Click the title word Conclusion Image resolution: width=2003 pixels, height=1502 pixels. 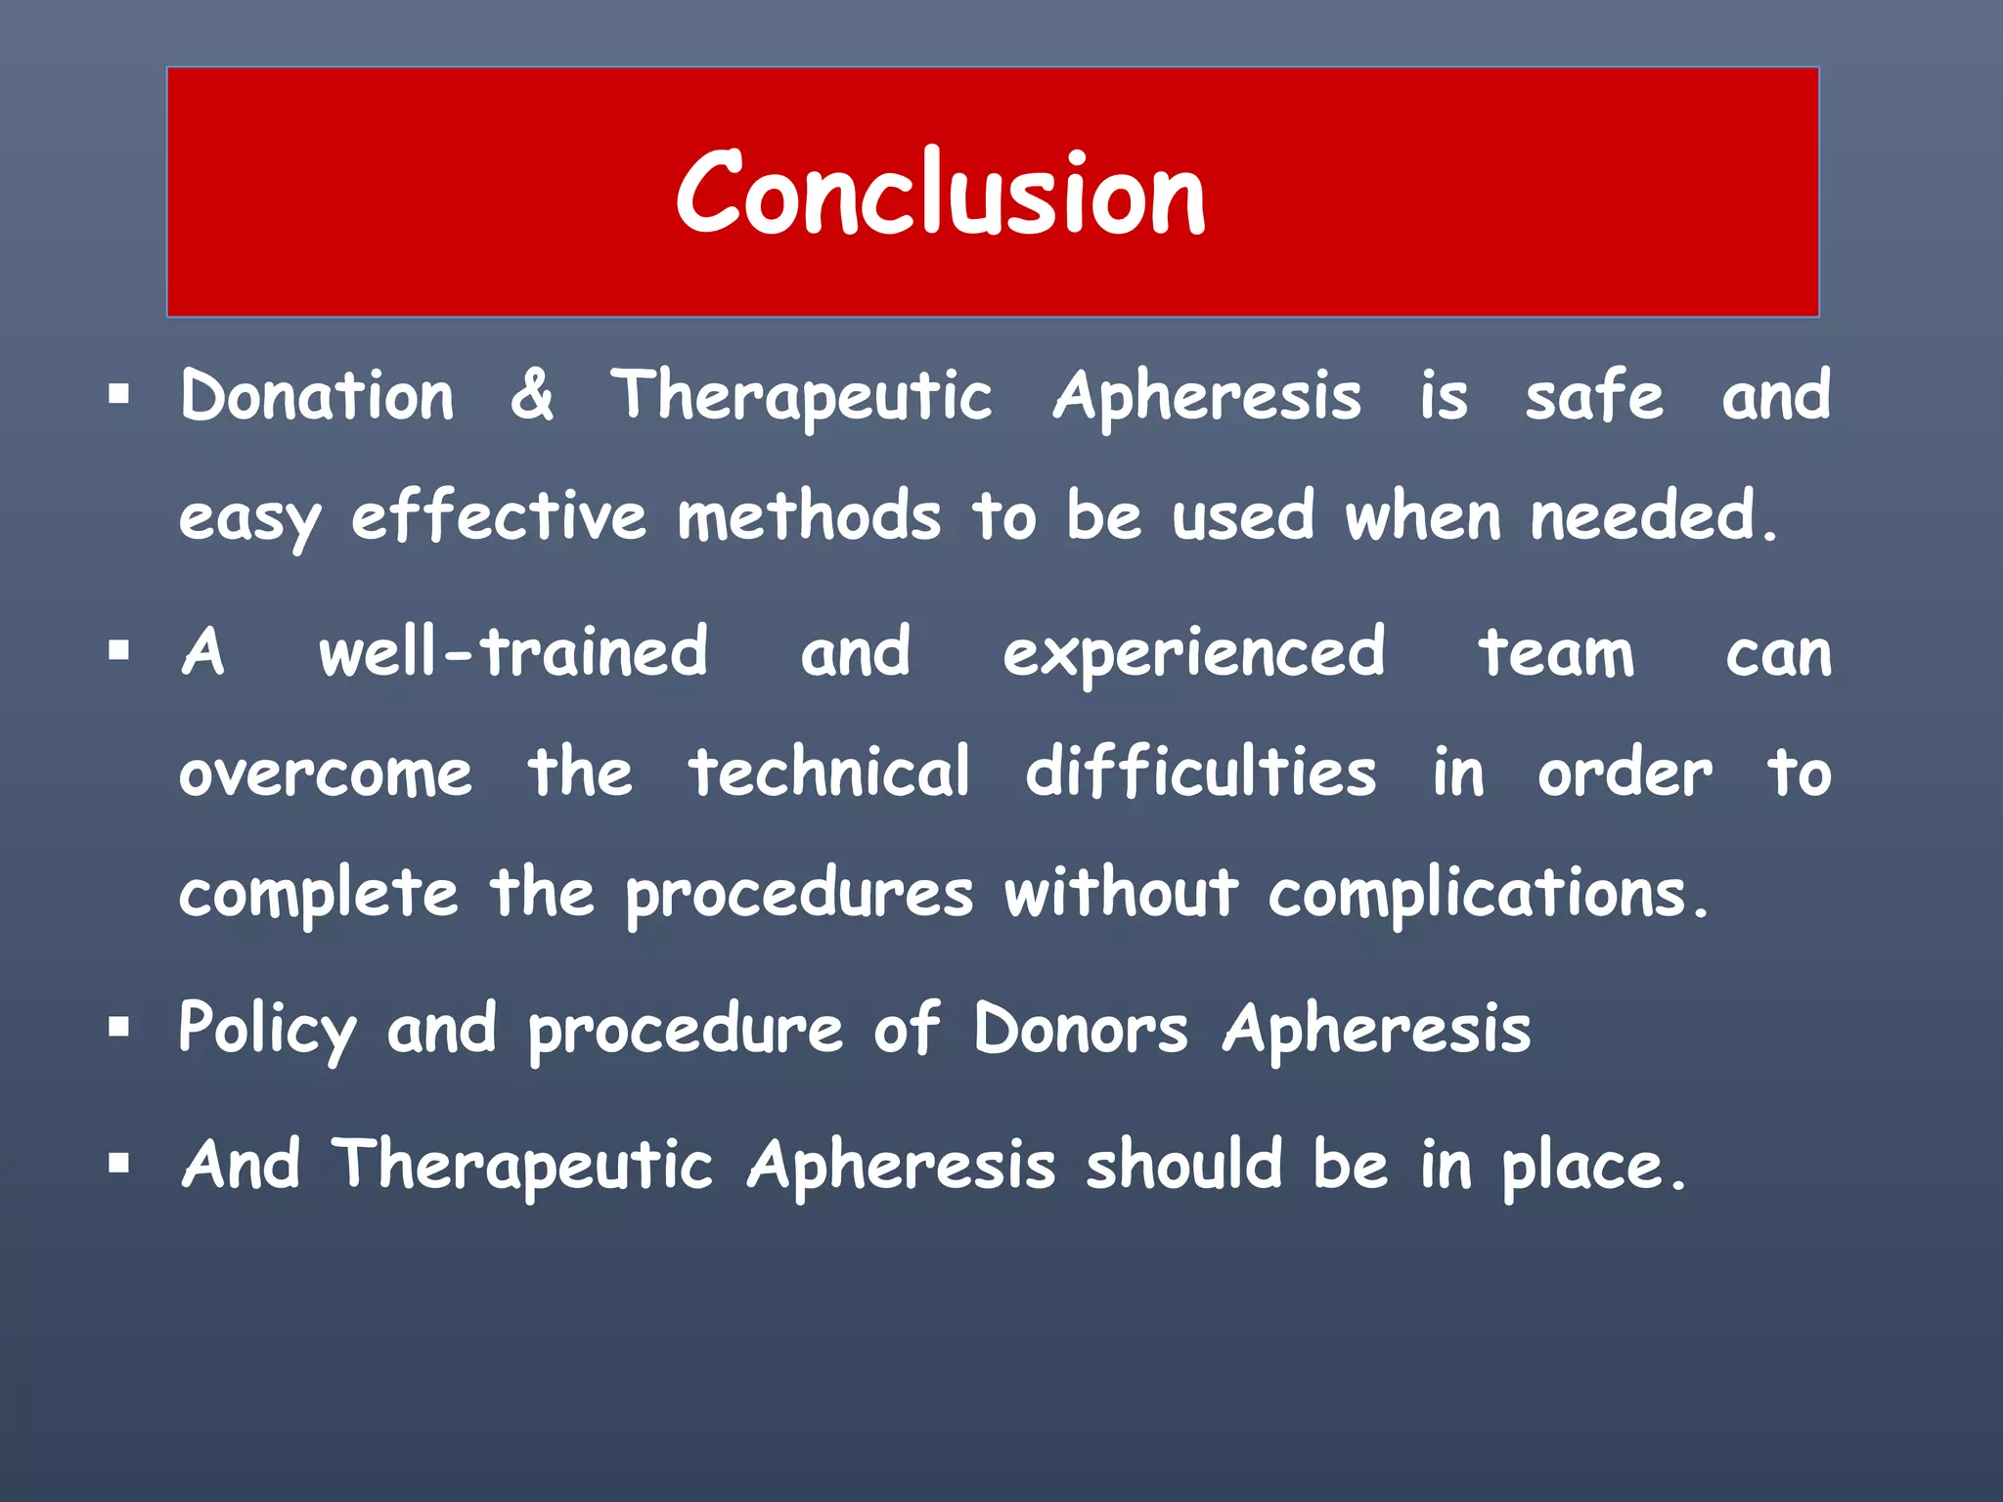941,193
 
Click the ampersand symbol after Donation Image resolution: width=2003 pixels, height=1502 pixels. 531,396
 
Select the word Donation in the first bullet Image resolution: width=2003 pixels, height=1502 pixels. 317,396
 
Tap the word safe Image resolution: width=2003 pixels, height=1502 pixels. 1594,396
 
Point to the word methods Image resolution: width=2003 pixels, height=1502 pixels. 809,515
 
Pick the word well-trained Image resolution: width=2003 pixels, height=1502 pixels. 513,652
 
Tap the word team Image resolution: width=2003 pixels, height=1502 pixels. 1555,652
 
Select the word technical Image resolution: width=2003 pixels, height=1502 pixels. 829,773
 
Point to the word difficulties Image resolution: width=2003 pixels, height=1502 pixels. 1201,773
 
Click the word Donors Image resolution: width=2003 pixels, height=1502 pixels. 1081,1030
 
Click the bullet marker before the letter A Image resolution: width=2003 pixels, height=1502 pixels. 119,651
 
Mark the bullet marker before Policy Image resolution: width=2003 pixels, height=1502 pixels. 119,1028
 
